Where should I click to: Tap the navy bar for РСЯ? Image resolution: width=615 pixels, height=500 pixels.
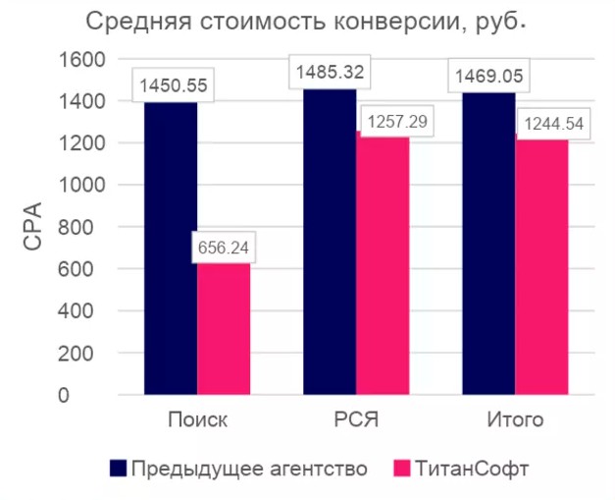330,246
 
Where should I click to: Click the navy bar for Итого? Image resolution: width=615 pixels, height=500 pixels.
488,246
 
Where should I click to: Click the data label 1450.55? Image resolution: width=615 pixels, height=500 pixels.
173,85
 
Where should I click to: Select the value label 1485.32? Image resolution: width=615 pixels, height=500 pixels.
330,72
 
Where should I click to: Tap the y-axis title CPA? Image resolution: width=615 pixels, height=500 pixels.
33,226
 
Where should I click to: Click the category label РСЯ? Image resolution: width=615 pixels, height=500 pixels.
355,419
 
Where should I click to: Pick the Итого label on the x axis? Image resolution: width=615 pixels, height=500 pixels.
515,419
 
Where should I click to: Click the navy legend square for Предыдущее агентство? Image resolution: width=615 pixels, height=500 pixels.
118,468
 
